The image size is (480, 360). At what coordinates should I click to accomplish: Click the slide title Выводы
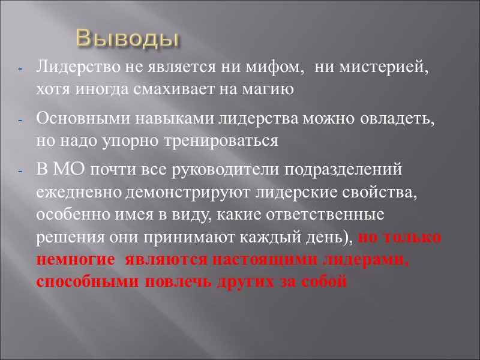[128, 38]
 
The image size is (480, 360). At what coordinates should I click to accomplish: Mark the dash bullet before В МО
[21, 170]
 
